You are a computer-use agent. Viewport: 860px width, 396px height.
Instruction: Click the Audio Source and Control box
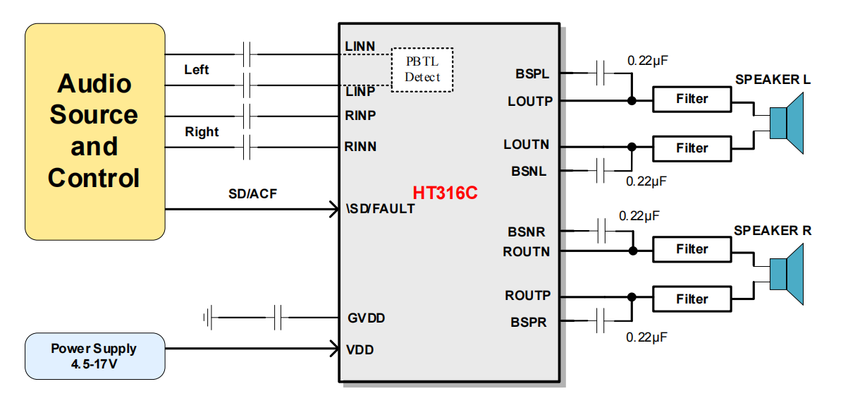coord(94,131)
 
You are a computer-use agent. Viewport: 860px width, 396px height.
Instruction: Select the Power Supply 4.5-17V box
coord(94,356)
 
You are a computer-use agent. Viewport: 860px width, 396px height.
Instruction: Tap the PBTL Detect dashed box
coord(422,69)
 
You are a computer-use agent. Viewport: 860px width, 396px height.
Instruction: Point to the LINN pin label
coord(360,47)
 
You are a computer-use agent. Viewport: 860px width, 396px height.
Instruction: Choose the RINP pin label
coord(360,115)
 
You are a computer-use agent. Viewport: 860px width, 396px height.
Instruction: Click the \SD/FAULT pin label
coord(380,209)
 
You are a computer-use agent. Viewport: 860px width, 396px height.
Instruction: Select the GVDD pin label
coord(367,318)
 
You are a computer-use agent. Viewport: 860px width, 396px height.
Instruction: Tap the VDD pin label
coord(360,349)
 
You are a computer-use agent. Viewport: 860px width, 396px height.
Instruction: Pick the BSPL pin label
coord(532,73)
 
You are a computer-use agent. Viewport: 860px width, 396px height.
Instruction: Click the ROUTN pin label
coord(526,251)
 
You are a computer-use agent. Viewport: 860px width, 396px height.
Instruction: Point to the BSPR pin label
coord(529,323)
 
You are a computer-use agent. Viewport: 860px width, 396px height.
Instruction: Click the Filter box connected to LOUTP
coord(692,99)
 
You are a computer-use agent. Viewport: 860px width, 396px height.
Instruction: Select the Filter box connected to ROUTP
coord(692,299)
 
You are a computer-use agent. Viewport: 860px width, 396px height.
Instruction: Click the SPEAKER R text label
coord(773,231)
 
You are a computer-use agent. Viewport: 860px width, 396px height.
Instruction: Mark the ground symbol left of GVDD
coord(208,318)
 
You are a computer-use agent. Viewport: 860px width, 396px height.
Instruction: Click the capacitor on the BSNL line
coord(601,170)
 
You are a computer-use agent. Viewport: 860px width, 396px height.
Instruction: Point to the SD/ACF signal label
coord(252,194)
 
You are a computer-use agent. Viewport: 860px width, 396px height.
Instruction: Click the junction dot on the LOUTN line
coord(632,147)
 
